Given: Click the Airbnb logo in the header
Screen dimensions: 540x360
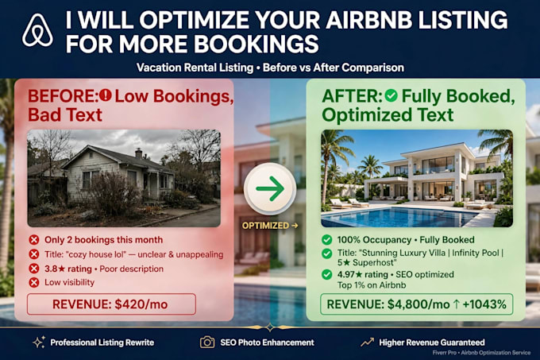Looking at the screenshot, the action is (37, 30).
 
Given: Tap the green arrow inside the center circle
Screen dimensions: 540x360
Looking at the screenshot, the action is (270, 188).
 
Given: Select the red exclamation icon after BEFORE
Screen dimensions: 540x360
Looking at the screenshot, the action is (105, 95).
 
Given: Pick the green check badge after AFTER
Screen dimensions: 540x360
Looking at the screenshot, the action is (391, 95).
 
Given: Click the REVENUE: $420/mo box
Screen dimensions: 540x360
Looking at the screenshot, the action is (111, 304).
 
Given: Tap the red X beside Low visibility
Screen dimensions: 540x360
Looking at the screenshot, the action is (33, 282).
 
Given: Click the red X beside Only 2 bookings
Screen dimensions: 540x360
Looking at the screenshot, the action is (33, 240).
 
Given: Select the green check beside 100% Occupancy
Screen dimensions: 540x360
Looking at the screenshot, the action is (326, 239).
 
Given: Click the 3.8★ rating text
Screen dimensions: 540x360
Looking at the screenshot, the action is (68, 269).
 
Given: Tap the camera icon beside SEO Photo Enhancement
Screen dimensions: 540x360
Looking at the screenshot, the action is (207, 342).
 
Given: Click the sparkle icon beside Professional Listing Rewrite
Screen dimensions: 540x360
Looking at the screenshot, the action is (39, 342).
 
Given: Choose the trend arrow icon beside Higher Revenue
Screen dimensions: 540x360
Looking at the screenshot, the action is (367, 342).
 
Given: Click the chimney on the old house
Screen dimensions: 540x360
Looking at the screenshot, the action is (138, 153).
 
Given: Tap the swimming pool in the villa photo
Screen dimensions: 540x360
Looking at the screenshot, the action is (399, 216).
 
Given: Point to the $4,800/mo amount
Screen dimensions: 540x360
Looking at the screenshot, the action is (418, 304).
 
